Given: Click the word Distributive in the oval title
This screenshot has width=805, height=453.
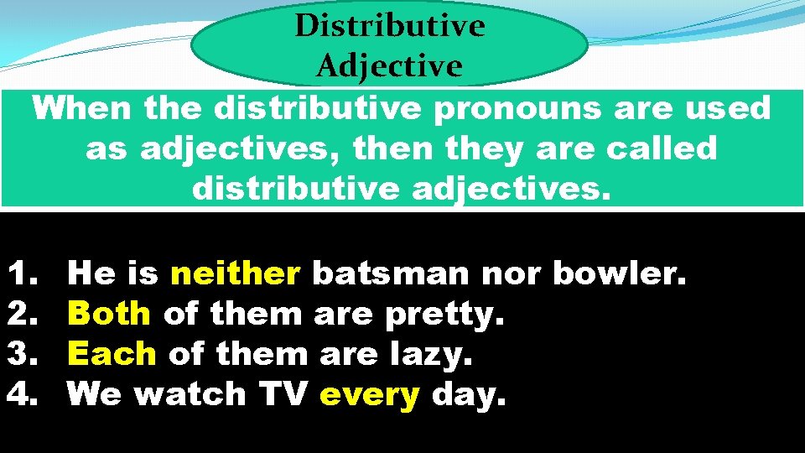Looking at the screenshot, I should tap(389, 26).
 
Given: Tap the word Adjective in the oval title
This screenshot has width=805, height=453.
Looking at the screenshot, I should tap(389, 65).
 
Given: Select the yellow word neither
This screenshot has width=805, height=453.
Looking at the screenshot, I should tap(236, 273).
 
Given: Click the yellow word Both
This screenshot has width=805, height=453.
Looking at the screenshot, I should tap(109, 313).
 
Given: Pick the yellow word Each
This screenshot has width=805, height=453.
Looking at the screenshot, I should tap(112, 353).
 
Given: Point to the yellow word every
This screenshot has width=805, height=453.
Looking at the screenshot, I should tap(369, 393).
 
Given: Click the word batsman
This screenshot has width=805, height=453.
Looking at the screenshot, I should tap(391, 273).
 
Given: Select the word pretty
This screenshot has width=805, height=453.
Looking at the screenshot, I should tap(445, 315).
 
